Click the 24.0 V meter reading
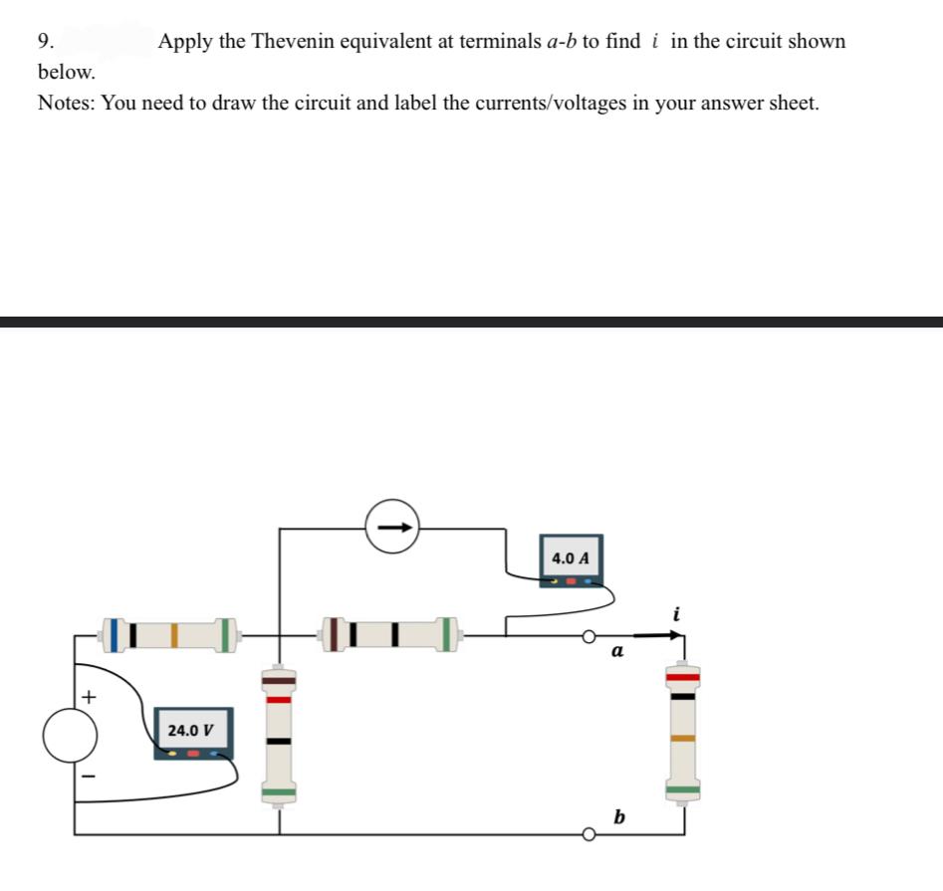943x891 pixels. pos(189,730)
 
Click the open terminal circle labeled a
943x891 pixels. pos(589,634)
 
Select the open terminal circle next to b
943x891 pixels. pos(589,834)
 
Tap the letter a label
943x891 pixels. pos(616,653)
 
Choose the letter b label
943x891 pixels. pos(619,817)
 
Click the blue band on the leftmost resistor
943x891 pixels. pos(117,635)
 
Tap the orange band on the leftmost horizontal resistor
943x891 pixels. pos(174,635)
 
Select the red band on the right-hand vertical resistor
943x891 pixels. pos(683,677)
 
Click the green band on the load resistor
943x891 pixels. pos(683,791)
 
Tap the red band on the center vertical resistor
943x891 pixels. pos(279,699)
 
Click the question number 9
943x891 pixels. pos(44,42)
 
